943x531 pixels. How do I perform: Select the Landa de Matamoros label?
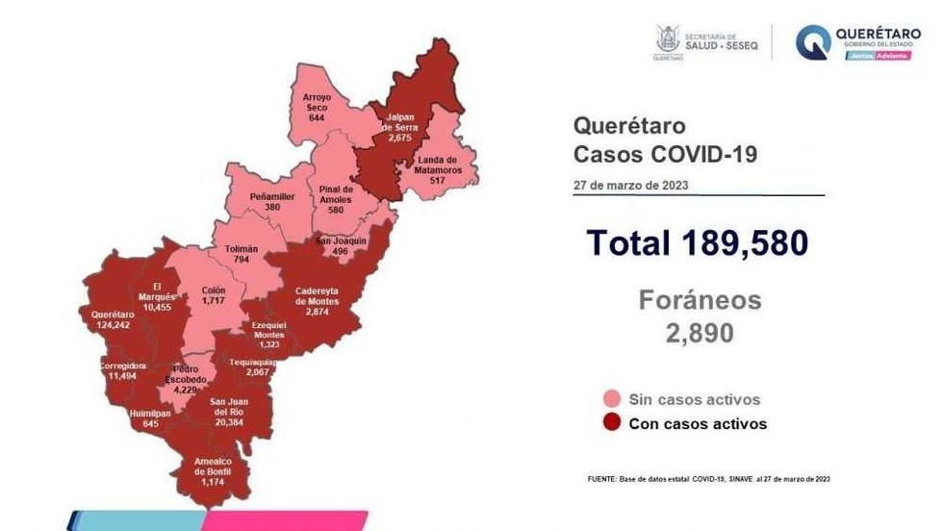439,164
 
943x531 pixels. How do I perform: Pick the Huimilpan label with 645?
149,418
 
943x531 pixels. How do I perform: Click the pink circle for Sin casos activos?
610,399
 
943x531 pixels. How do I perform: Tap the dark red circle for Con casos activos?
610,423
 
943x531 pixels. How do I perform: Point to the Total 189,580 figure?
697,243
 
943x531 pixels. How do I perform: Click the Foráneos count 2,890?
699,333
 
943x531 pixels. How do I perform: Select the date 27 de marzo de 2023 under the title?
630,185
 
